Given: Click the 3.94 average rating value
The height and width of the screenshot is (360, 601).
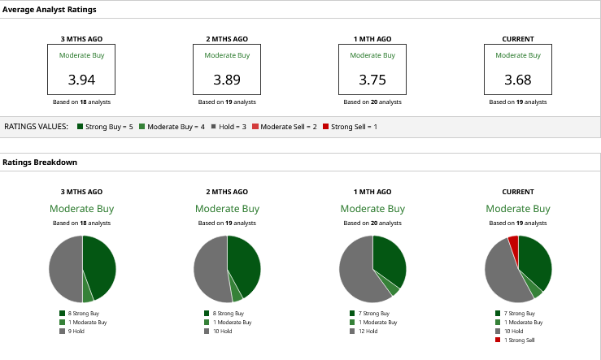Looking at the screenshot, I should (x=81, y=80).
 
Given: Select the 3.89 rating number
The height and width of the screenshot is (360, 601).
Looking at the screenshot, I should (x=227, y=80).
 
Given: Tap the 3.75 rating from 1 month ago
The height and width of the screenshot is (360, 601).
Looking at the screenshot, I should (x=372, y=80).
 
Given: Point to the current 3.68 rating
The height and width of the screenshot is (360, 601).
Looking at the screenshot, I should (x=518, y=80).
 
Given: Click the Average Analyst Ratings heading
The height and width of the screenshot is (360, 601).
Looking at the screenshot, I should (x=49, y=10).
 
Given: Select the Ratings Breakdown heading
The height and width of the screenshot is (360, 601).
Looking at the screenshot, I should (x=40, y=162).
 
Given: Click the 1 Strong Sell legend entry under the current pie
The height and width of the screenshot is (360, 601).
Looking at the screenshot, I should (x=520, y=339).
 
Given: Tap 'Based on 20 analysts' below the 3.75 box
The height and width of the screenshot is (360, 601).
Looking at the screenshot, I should (x=372, y=102).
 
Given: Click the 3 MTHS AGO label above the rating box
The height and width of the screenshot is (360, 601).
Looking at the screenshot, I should (x=81, y=38).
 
